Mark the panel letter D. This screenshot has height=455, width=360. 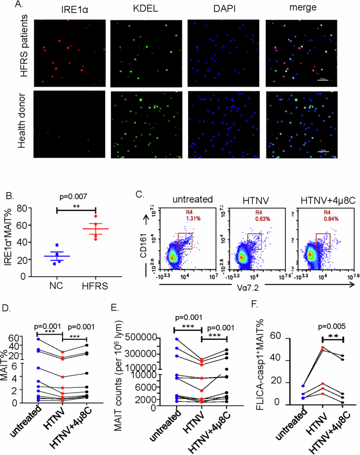coord(7,307)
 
